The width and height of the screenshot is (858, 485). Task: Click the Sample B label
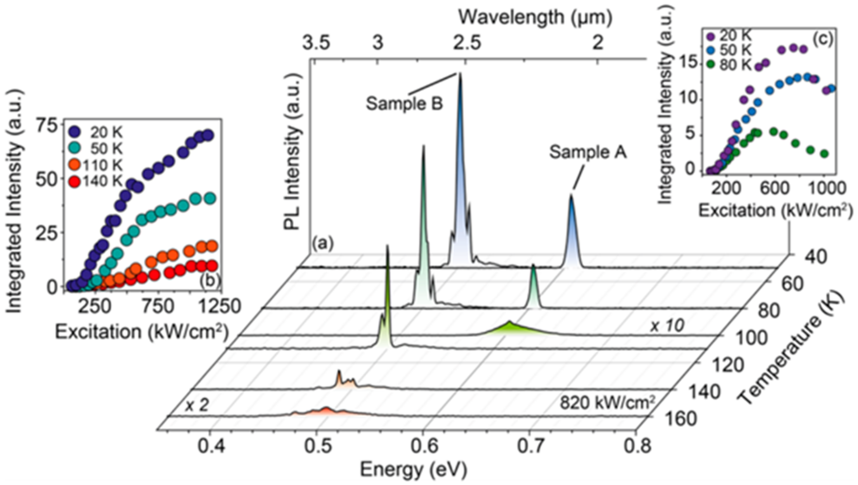[404, 104]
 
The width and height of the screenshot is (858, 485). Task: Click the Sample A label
[588, 152]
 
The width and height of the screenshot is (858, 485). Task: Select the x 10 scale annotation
[667, 326]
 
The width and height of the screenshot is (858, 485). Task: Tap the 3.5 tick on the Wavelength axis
[317, 43]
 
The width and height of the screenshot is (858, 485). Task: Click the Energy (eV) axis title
[413, 470]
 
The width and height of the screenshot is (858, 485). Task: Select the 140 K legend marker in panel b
[74, 182]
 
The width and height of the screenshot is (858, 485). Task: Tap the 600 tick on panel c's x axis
[774, 189]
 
